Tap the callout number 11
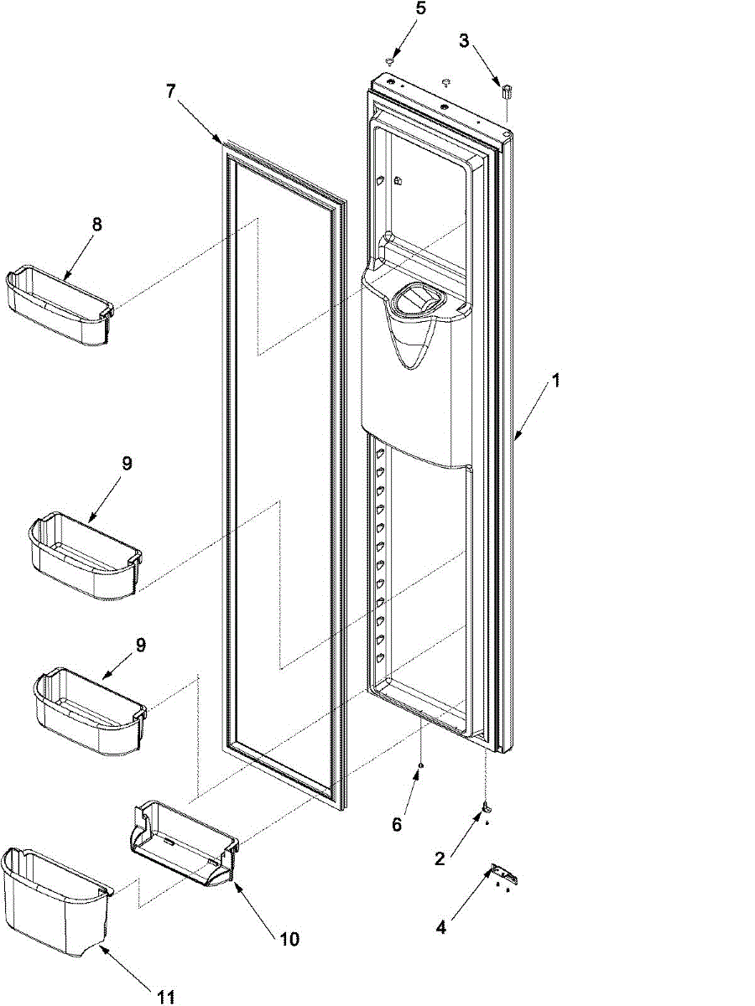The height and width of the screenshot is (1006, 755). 166,996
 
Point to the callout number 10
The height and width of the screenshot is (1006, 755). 289,939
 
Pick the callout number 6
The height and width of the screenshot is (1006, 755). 397,825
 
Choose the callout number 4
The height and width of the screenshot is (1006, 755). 441,927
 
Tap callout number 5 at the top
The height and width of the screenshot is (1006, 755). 421,10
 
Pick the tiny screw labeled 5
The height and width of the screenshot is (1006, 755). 390,61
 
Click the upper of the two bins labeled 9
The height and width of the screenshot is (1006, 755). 84,555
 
